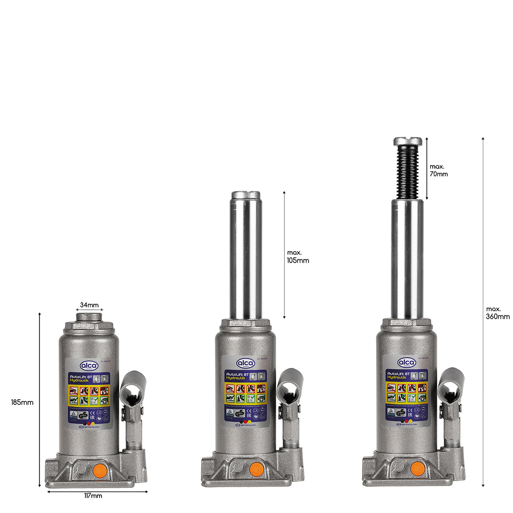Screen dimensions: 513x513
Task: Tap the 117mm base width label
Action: pos(93,496)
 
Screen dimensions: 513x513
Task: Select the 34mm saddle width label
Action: pos(89,305)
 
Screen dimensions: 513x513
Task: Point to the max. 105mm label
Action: pos(298,256)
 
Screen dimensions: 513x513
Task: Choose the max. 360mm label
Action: pos(498,313)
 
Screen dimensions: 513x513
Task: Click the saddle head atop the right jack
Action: pos(408,141)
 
